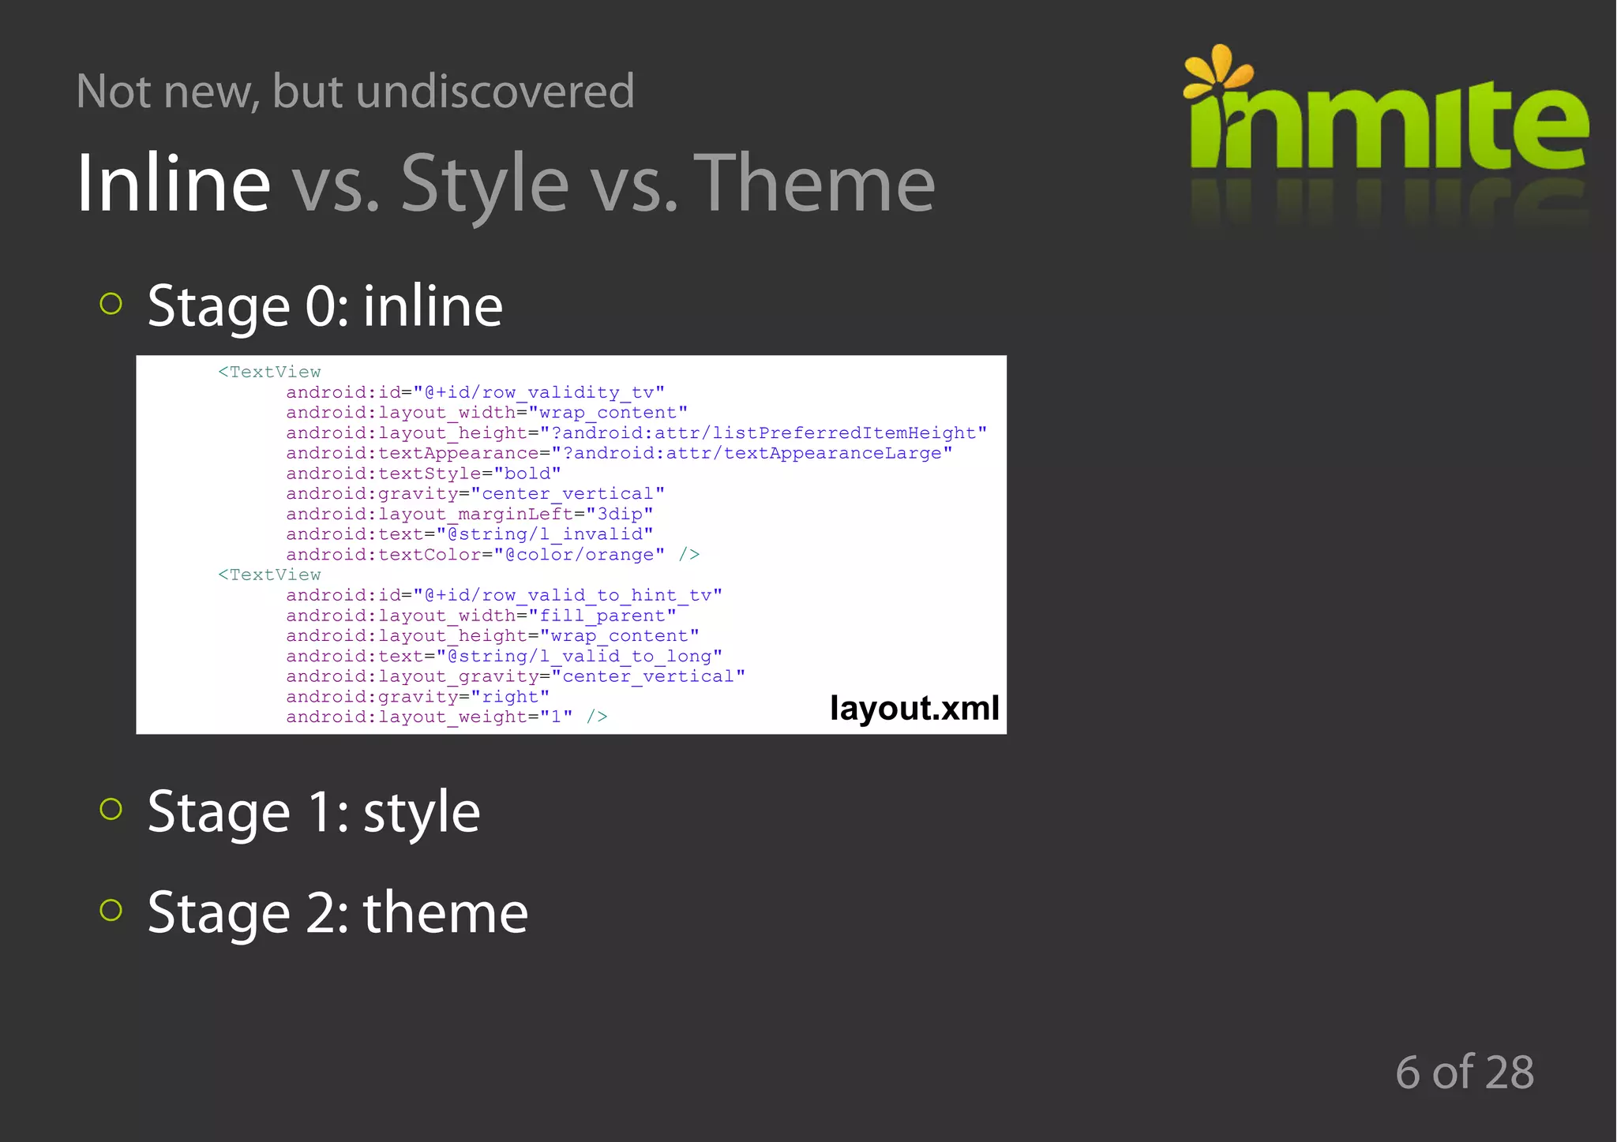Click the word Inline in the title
pos(174,183)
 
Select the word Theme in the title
pos(814,183)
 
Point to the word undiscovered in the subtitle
pos(495,91)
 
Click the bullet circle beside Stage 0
pos(111,304)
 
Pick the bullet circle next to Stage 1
pos(111,809)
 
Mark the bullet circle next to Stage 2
pos(111,910)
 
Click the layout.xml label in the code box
pos(914,708)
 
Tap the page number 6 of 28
pos(1465,1072)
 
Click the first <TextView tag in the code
pos(269,372)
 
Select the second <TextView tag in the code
pos(269,575)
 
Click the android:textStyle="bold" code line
pos(423,474)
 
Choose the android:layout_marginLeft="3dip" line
pos(469,514)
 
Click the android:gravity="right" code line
pos(417,697)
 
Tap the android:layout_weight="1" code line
pos(429,717)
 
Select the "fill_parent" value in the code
pos(602,616)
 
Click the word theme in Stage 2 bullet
pos(445,912)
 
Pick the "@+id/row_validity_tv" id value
pos(538,392)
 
